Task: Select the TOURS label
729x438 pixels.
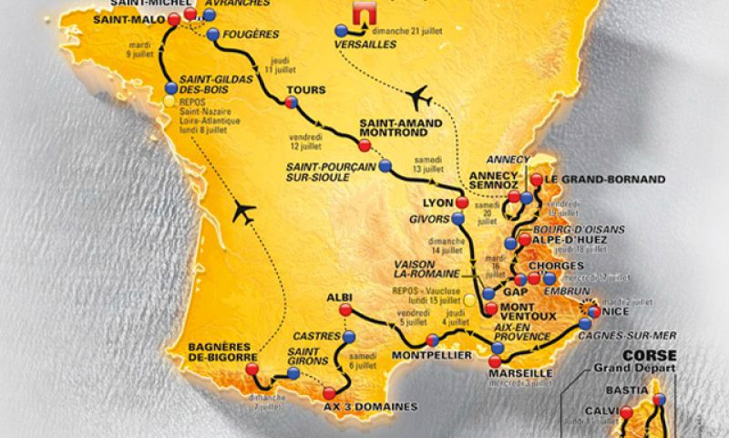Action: click(301, 90)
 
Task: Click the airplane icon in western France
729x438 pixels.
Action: click(243, 212)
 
